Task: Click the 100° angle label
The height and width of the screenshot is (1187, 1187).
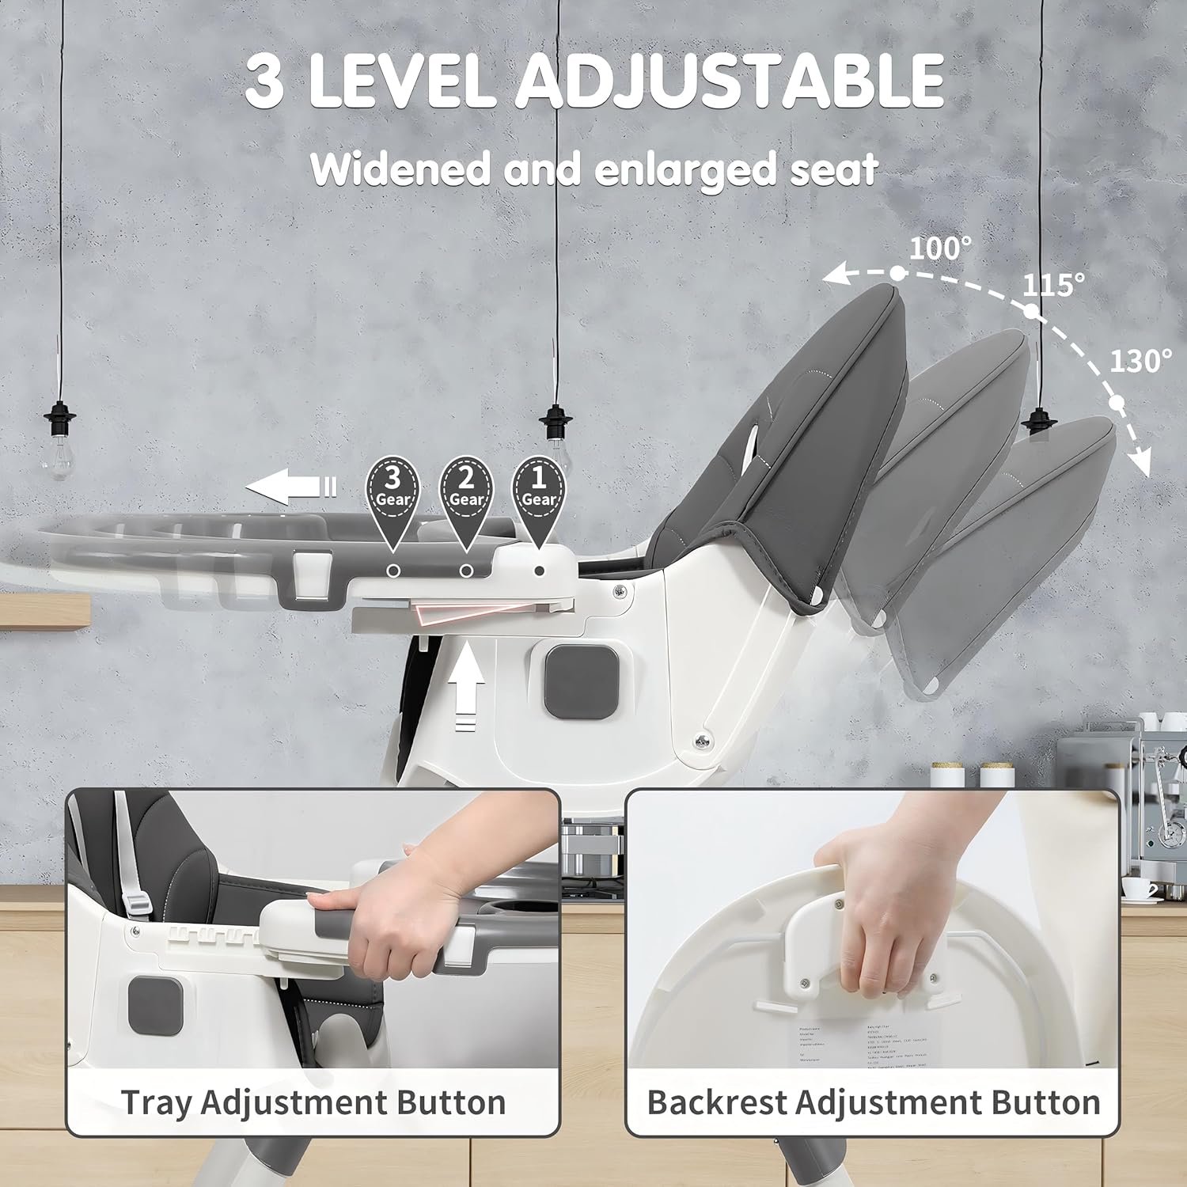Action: click(x=939, y=248)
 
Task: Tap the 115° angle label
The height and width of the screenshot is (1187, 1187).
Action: click(x=1053, y=285)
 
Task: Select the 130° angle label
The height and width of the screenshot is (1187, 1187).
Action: click(x=1140, y=362)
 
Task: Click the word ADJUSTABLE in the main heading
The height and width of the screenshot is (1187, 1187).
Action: click(x=730, y=81)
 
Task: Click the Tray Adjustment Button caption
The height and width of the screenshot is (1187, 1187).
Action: click(x=313, y=1102)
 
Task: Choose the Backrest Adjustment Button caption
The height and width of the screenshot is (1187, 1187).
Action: click(x=873, y=1102)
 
